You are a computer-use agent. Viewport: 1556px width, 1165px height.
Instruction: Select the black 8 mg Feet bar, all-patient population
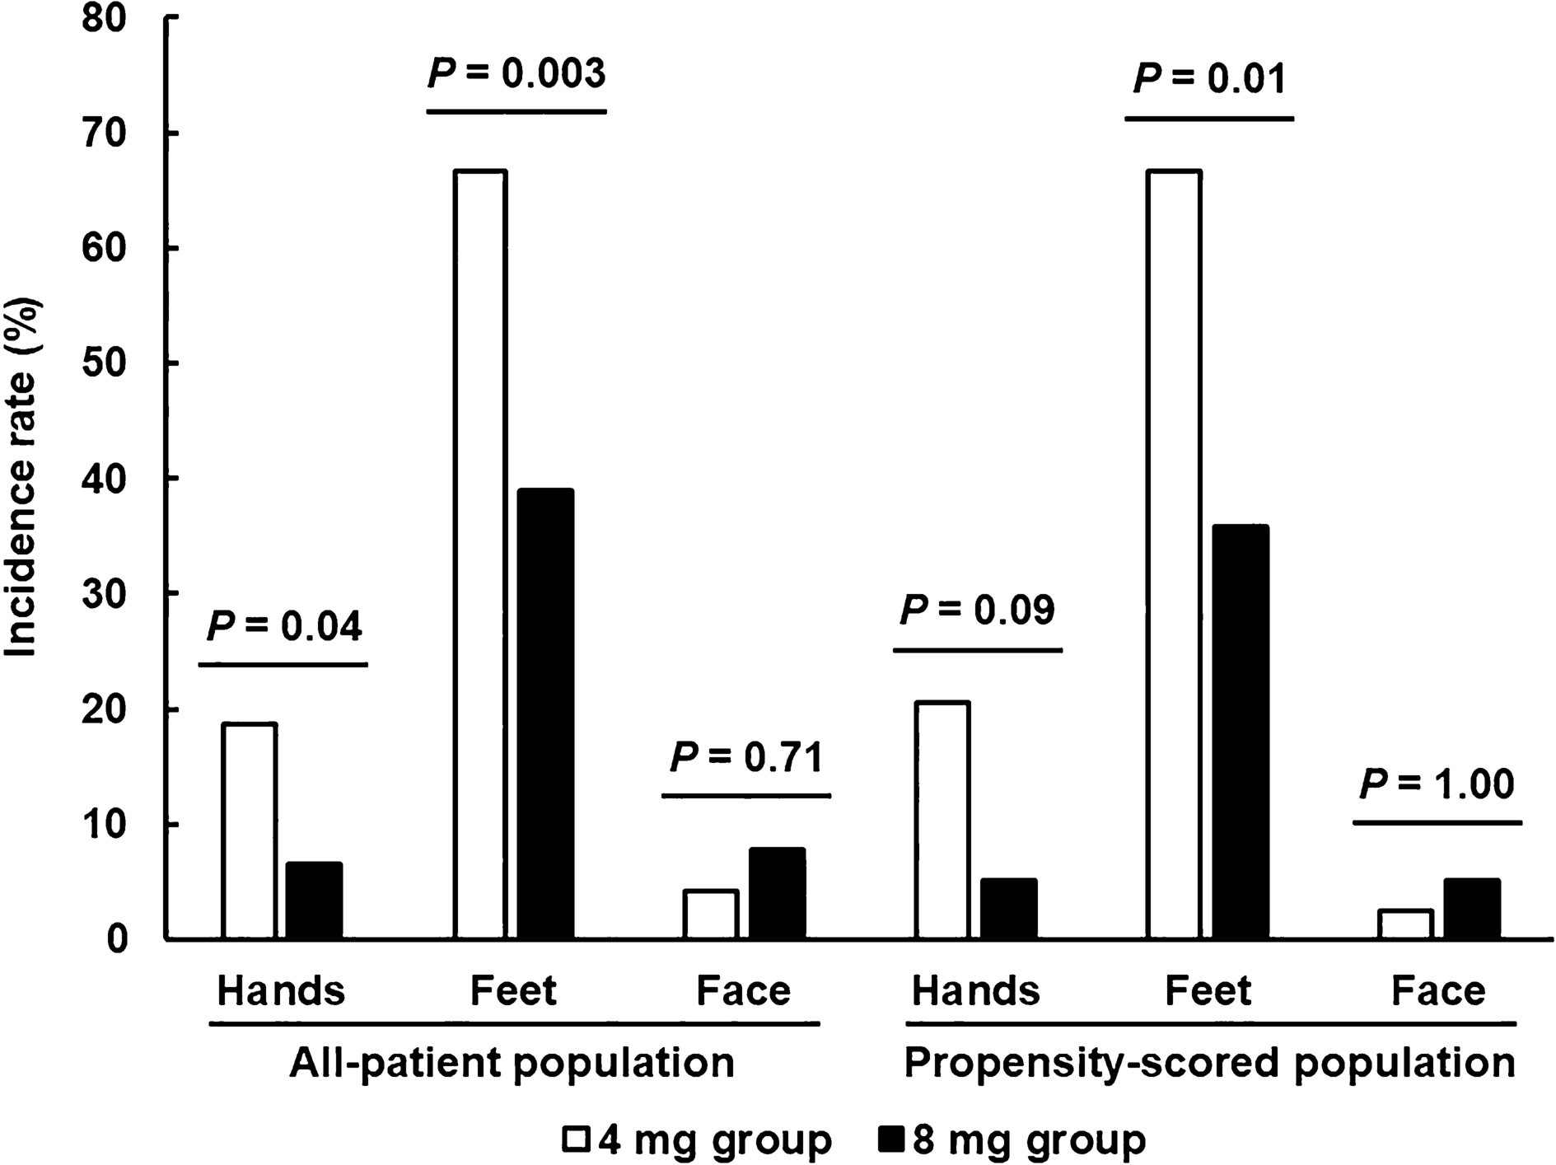(x=545, y=714)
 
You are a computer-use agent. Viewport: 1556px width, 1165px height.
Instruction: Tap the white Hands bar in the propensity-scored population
(x=942, y=820)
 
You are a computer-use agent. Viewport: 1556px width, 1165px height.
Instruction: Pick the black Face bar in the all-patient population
(x=777, y=893)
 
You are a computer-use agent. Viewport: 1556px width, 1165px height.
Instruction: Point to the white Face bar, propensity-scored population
(x=1405, y=924)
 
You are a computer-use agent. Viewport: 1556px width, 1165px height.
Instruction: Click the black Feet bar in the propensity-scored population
(x=1240, y=732)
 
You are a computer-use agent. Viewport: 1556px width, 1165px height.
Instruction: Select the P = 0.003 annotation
(x=516, y=74)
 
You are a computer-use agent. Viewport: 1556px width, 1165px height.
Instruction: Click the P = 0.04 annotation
(x=283, y=627)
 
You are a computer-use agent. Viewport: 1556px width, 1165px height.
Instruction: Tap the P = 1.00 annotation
(x=1437, y=784)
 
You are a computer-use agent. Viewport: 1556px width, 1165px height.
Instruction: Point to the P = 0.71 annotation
(x=746, y=758)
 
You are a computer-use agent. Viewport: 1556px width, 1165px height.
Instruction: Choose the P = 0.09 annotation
(x=977, y=611)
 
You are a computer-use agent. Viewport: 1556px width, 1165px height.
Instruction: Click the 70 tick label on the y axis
(x=105, y=133)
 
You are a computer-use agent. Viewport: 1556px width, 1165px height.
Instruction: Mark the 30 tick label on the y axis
(x=105, y=594)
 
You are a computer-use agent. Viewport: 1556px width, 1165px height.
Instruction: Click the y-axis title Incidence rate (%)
(x=22, y=478)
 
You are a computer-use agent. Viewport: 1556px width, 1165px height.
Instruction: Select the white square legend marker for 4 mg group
(x=576, y=1140)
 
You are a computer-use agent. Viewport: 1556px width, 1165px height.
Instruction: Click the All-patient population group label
(x=512, y=1064)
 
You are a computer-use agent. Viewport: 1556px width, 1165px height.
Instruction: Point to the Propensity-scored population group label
(x=1209, y=1064)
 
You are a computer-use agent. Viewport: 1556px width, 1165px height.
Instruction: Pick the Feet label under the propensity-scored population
(x=1208, y=990)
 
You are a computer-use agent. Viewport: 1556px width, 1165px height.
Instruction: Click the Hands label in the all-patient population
(x=281, y=990)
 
